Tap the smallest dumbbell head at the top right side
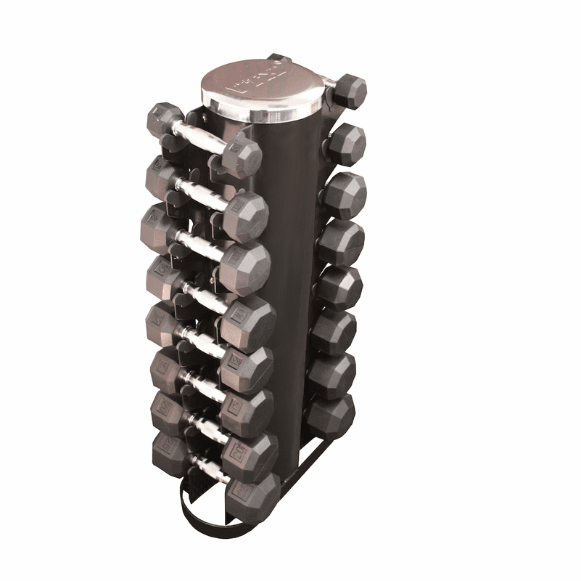[353, 90]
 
